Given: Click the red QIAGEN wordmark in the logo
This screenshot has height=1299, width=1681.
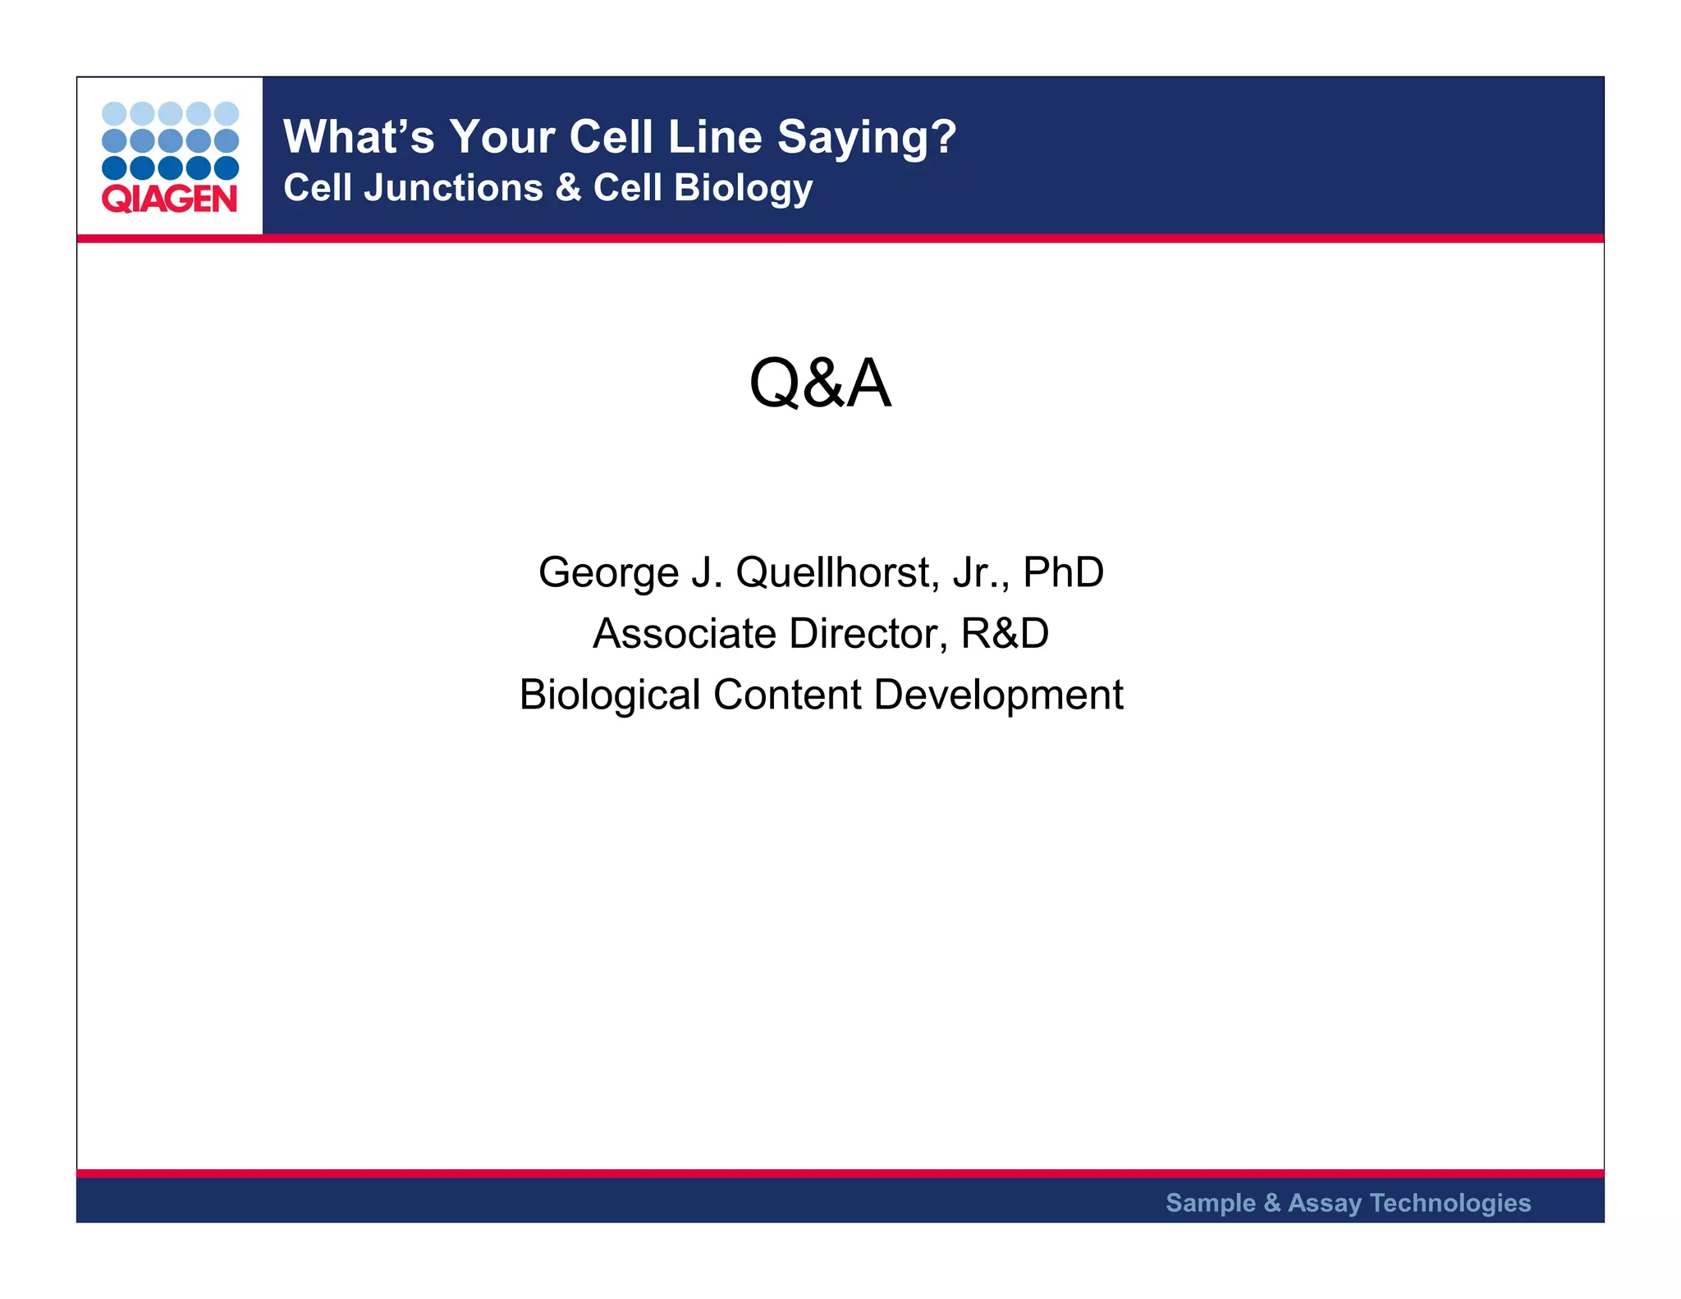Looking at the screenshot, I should click(169, 199).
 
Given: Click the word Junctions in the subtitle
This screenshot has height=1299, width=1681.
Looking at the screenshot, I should click(453, 188).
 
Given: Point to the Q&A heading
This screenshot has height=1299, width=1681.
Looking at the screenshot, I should click(820, 383).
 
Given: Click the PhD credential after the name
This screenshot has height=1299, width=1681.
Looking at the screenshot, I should click(1063, 572).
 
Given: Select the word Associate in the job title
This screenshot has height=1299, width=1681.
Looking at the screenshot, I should click(685, 634).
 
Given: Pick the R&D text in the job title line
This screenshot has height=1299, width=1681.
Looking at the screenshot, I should click(1005, 634).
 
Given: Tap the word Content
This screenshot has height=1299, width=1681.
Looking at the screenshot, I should click(787, 695).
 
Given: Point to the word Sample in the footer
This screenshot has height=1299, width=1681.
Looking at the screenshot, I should click(1211, 1203).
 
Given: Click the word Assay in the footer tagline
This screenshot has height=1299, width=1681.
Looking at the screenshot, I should click(1324, 1204).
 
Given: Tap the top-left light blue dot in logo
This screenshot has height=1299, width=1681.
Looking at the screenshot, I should click(114, 113).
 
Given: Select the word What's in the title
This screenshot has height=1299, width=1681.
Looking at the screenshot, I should click(359, 137).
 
